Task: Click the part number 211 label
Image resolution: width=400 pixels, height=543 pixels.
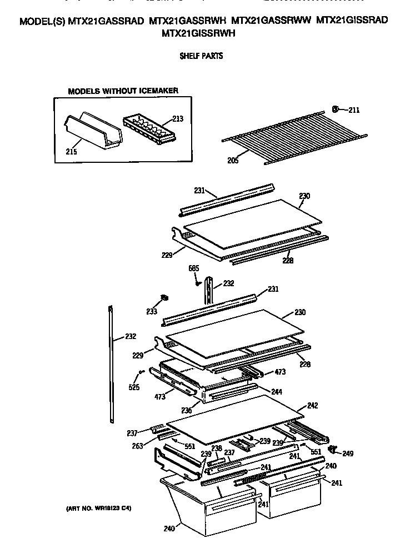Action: (x=354, y=110)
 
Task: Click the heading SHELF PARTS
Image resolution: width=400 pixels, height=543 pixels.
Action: (x=201, y=56)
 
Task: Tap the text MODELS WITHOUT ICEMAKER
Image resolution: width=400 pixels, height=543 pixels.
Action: (x=123, y=91)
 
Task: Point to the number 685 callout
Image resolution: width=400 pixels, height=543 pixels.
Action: (x=193, y=269)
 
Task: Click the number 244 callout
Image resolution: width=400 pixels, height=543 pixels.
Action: (x=276, y=392)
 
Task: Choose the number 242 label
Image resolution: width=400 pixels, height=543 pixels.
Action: (x=312, y=406)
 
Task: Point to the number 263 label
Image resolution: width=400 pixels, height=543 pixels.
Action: (x=137, y=445)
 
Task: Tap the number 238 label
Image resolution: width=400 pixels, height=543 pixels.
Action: (x=217, y=448)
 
